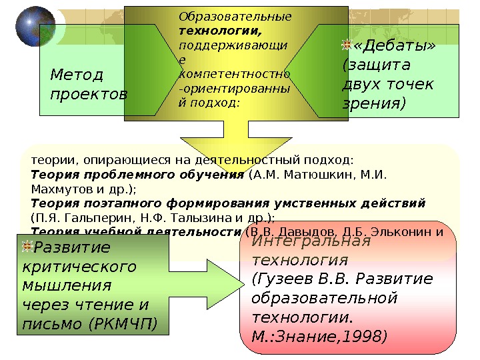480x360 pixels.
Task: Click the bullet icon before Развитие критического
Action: coord(26,248)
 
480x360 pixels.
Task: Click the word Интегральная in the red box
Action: coord(311,241)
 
